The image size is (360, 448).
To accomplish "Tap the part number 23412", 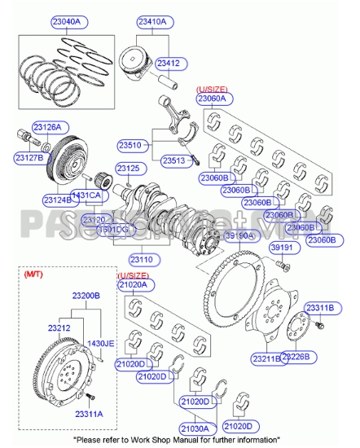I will coord(169,62).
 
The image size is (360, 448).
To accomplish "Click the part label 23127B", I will coord(28,158).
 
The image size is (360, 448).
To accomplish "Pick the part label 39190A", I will coord(240,235).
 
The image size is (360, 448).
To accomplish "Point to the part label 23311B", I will coord(319,307).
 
